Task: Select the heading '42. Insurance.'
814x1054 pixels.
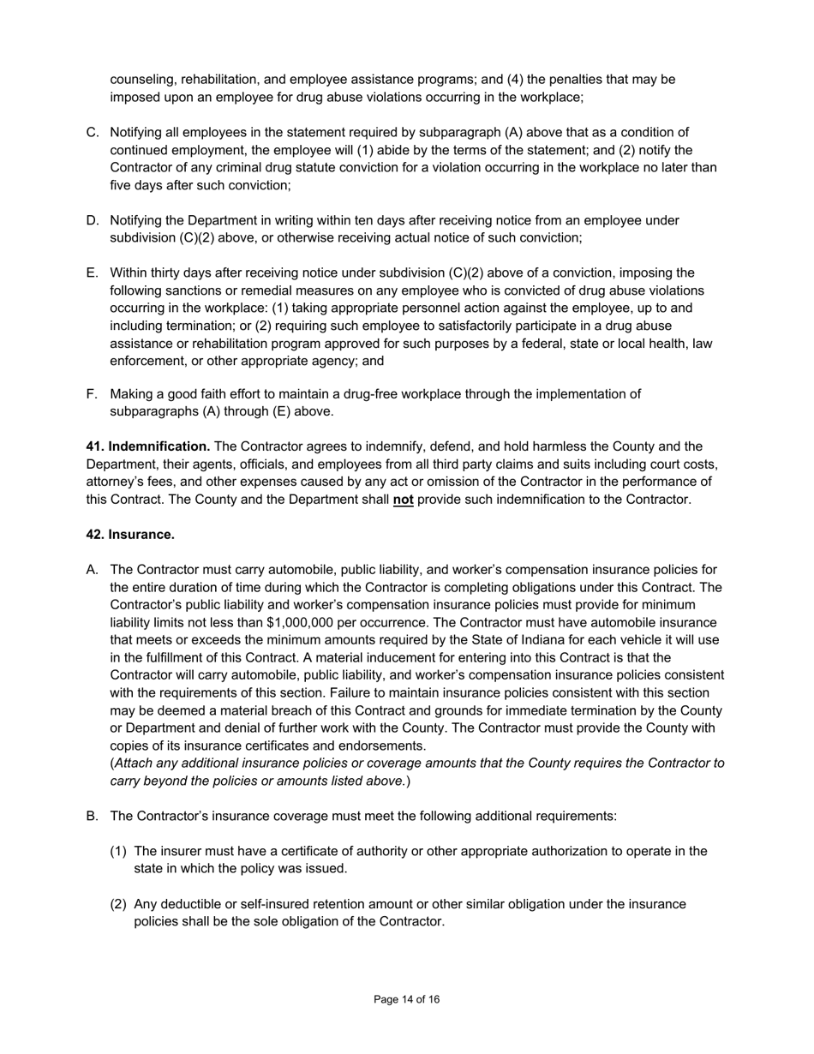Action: tap(130, 535)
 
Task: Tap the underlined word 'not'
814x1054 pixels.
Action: tap(403, 500)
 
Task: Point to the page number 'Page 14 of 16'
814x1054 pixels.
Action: tap(407, 999)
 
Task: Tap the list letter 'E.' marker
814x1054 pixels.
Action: tap(93, 273)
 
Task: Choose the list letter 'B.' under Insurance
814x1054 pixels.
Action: tap(93, 816)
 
